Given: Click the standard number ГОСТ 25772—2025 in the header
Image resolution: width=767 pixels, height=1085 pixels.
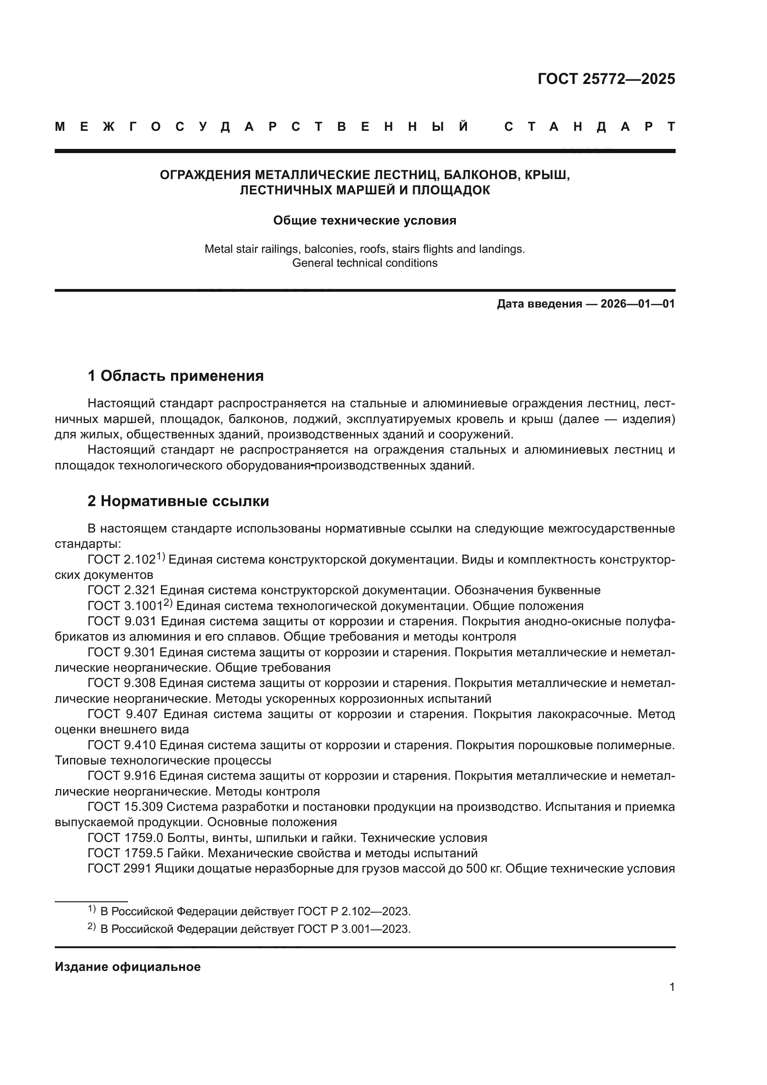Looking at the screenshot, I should pyautogui.click(x=606, y=79).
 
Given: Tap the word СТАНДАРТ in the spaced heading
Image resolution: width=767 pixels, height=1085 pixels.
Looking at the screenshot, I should pyautogui.click(x=589, y=127).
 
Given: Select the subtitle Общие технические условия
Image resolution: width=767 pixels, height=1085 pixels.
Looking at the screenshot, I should pyautogui.click(x=364, y=221).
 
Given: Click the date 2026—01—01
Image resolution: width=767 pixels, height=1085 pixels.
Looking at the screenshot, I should pyautogui.click(x=638, y=304).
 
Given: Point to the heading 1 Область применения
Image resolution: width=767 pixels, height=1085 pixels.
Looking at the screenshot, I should pyautogui.click(x=175, y=376).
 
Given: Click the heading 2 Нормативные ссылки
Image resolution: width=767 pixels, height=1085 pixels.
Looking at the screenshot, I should pyautogui.click(x=178, y=501).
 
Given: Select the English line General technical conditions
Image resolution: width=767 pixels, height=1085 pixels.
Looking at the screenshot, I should pyautogui.click(x=364, y=263).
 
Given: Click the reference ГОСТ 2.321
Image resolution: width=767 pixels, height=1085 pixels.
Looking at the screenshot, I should pyautogui.click(x=122, y=590).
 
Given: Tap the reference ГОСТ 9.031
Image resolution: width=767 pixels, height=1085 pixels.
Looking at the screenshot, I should pyautogui.click(x=122, y=622).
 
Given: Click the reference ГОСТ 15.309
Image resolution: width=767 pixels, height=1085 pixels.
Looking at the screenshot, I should pyautogui.click(x=125, y=807).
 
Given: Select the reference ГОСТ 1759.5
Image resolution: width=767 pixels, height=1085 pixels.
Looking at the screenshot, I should pyautogui.click(x=126, y=853).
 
